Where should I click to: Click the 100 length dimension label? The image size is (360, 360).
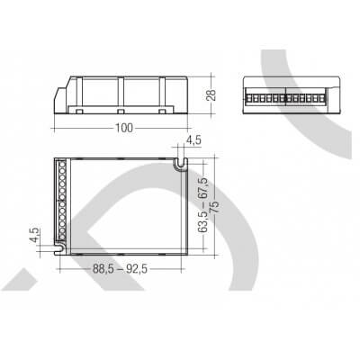[125, 128]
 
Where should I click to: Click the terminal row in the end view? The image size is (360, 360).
[280, 94]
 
